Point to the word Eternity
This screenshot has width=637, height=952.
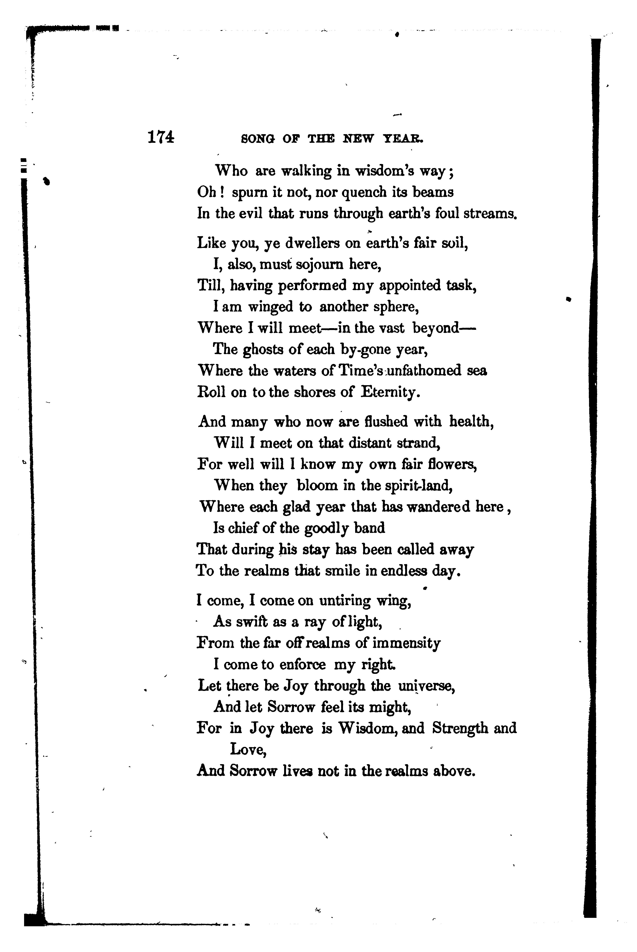coord(390,392)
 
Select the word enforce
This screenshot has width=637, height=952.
coord(303,665)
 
